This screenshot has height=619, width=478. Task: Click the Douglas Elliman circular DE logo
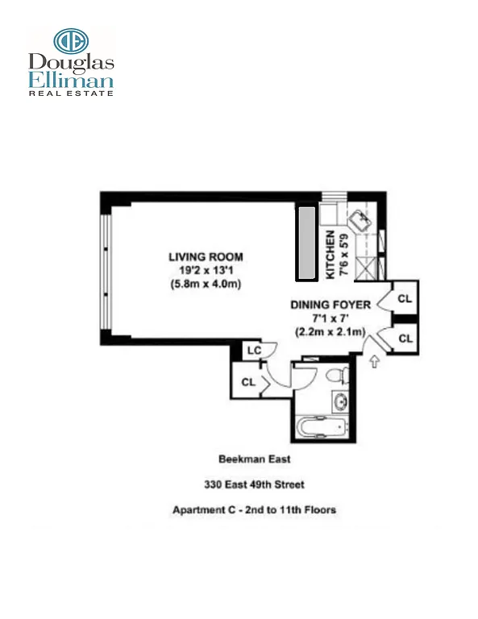tap(70, 42)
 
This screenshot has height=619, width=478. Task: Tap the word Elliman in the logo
tap(71, 80)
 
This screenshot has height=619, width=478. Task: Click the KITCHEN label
tap(330, 255)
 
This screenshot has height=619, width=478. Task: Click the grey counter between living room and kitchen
tap(307, 240)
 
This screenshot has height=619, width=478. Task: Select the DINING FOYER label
tap(330, 305)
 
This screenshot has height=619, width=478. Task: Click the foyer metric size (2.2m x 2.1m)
tap(330, 332)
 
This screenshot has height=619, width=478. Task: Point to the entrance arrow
tap(373, 363)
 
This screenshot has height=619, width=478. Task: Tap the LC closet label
tap(252, 351)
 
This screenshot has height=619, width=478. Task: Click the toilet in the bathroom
tap(339, 375)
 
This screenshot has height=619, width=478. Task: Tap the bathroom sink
tap(339, 401)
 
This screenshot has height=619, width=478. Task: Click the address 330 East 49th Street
tap(253, 485)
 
